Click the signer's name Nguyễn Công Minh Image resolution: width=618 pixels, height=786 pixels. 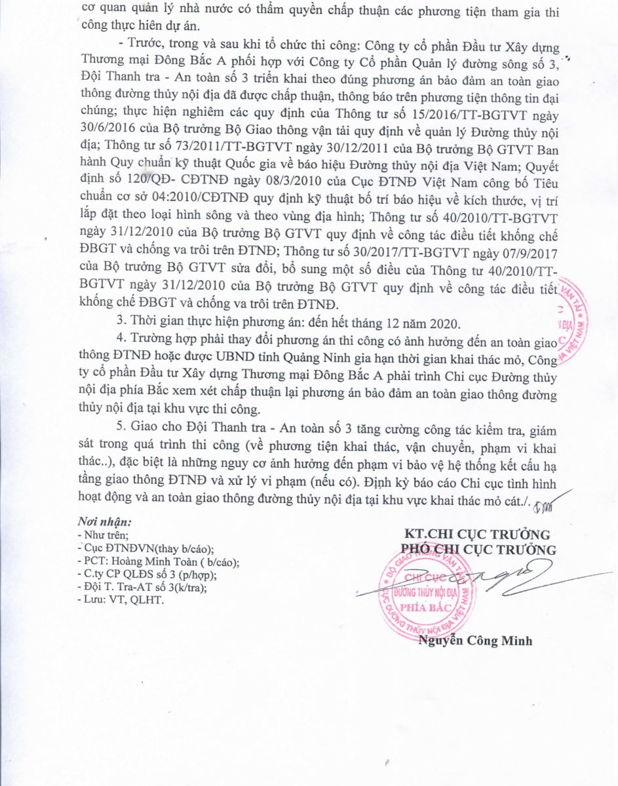[x=475, y=641]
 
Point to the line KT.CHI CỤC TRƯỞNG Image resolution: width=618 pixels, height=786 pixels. [x=477, y=535]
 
